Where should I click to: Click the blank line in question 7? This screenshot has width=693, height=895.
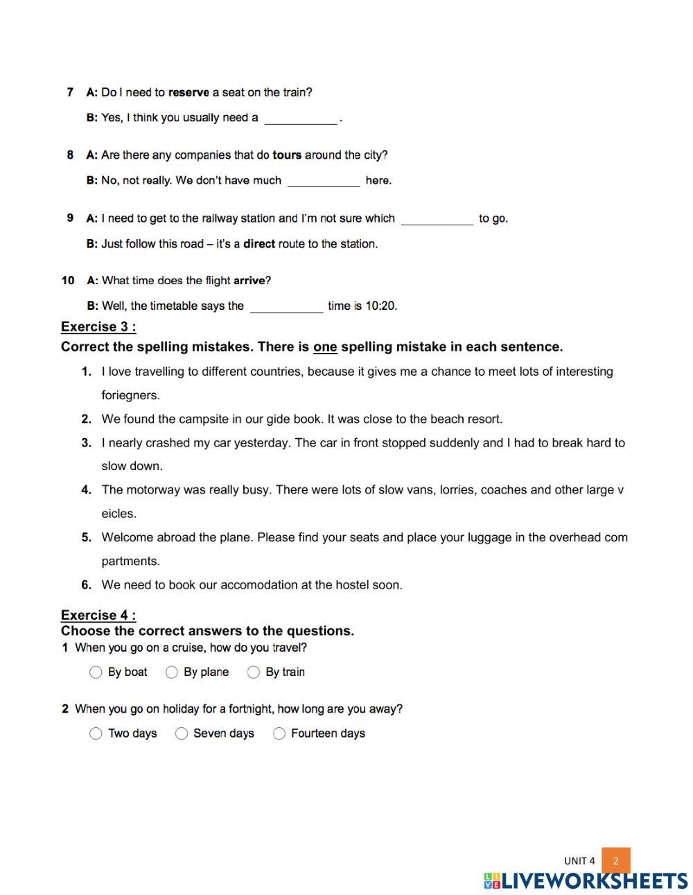click(301, 119)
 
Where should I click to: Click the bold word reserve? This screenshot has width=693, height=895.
click(188, 92)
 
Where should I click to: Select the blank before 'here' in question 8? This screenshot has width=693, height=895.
click(324, 182)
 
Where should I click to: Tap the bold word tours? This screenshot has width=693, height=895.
click(287, 155)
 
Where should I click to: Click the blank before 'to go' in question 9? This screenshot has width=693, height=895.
click(437, 220)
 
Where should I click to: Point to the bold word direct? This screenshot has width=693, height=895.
click(259, 244)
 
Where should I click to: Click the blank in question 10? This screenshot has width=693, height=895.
click(286, 307)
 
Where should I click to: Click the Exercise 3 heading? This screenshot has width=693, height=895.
click(98, 327)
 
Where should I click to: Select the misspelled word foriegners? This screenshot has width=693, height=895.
click(130, 395)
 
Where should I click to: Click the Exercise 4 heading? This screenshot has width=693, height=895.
click(98, 615)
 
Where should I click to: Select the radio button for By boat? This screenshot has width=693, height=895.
click(96, 672)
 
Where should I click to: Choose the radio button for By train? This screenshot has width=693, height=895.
click(254, 672)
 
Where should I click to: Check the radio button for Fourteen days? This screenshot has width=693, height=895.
click(279, 733)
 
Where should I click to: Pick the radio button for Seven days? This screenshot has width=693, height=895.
click(182, 733)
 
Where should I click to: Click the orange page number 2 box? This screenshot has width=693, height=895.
click(615, 861)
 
